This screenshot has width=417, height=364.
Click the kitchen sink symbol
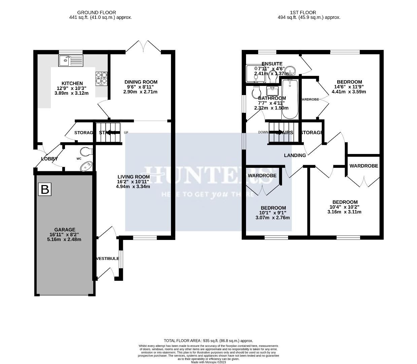point(70,61)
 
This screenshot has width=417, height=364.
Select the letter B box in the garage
point(44,189)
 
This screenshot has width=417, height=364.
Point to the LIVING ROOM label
point(133,177)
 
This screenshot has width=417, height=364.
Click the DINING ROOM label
point(141,82)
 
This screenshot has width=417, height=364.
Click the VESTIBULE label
point(108,259)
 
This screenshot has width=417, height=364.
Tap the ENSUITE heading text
point(272,64)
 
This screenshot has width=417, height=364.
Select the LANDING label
point(295,155)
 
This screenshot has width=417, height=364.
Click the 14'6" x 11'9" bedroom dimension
point(349,87)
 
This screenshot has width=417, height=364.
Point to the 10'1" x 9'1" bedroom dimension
point(273,213)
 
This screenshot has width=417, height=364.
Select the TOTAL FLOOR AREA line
point(208,341)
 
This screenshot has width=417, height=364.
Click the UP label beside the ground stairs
point(126,132)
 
